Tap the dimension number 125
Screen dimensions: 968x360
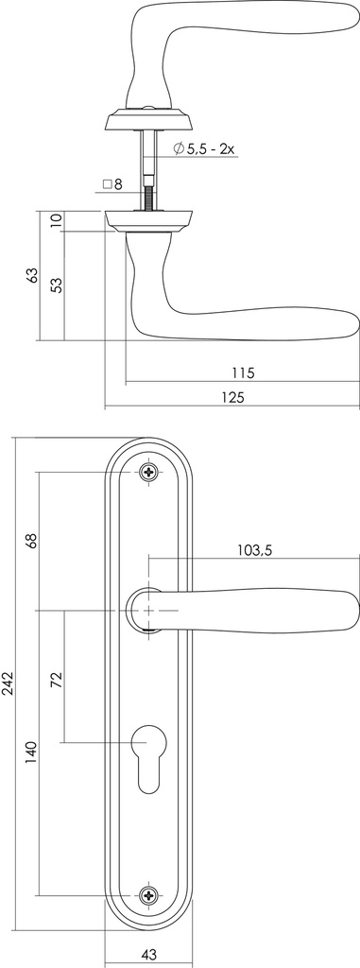click(x=233, y=398)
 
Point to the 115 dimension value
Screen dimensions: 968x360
click(x=241, y=372)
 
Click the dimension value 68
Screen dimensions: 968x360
click(x=31, y=542)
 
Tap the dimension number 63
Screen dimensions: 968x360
click(x=31, y=275)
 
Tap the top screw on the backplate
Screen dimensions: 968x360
click(x=148, y=472)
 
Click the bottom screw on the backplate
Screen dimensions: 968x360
click(x=148, y=893)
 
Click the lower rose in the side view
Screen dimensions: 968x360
click(x=148, y=220)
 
